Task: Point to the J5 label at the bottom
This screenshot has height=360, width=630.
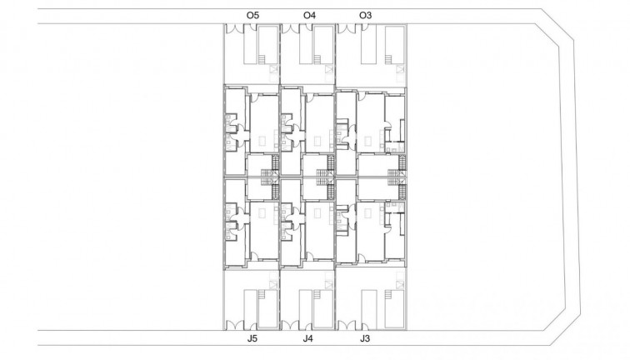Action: [x=252, y=339]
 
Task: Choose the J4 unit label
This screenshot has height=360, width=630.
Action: [x=308, y=339]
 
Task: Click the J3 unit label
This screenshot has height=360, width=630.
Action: [x=364, y=339]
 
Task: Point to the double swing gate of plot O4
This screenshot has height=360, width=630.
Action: [x=291, y=29]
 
